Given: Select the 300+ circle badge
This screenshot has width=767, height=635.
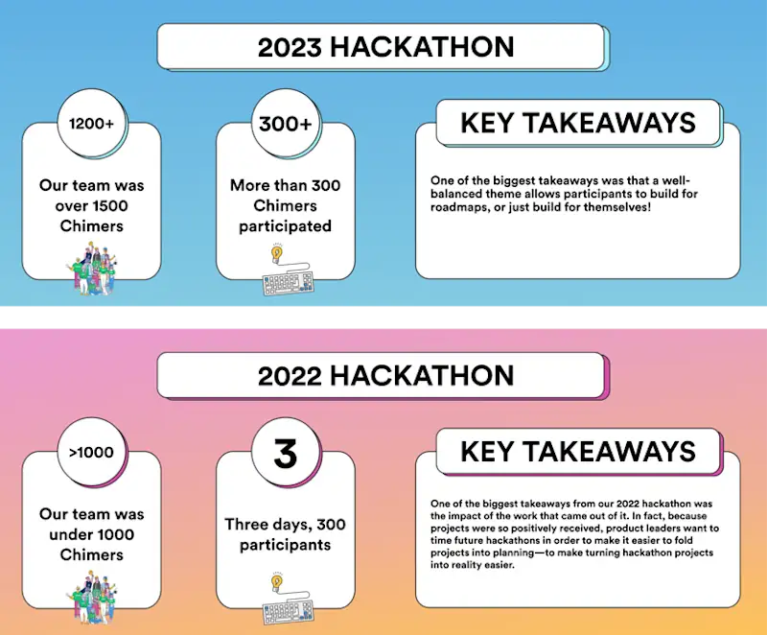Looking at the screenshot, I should click(285, 124).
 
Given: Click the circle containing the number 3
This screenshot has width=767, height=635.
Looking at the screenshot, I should click(285, 454).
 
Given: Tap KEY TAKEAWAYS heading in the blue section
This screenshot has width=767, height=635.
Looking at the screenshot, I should click(578, 123).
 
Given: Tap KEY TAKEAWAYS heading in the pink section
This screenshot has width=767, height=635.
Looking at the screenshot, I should click(578, 452).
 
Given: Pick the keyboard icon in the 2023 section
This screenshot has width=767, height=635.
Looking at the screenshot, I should click(288, 284).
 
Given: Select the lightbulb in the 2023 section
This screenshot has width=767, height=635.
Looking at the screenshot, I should click(277, 253).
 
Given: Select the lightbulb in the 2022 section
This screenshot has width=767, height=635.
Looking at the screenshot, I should click(277, 582).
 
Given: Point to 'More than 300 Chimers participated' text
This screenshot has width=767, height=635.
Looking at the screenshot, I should click(285, 205).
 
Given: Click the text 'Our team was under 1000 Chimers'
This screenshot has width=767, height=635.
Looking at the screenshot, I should click(92, 534).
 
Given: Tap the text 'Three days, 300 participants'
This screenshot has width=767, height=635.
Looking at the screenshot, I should click(285, 534).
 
